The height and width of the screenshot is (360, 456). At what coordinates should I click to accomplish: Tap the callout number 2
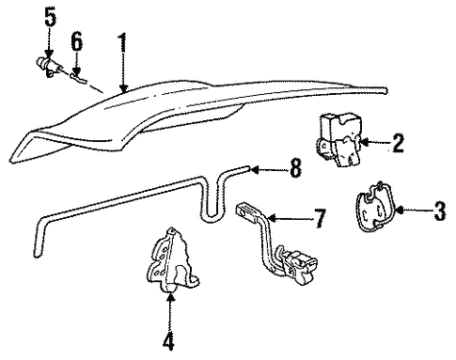(398, 143)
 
